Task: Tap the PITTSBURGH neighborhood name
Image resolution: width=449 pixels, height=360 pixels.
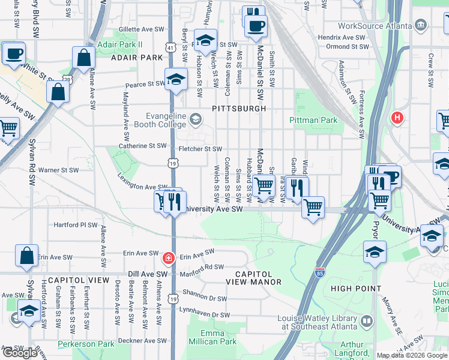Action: (x=239, y=109)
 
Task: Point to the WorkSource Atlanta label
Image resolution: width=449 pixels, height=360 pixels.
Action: (x=375, y=25)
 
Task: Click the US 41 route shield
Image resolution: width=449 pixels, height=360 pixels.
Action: (x=172, y=46)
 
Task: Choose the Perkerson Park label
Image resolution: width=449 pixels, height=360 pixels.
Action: (x=86, y=344)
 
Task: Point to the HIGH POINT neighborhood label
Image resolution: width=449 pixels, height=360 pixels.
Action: (x=356, y=289)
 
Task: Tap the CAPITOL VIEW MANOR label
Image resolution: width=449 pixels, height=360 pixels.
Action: (x=253, y=277)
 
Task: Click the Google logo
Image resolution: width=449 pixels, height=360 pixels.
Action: (x=20, y=353)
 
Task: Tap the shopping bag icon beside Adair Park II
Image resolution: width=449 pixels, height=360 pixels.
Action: (x=84, y=58)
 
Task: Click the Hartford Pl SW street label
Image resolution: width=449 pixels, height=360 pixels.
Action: (x=76, y=225)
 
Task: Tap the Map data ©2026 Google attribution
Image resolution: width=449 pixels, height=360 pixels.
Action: (x=411, y=355)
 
